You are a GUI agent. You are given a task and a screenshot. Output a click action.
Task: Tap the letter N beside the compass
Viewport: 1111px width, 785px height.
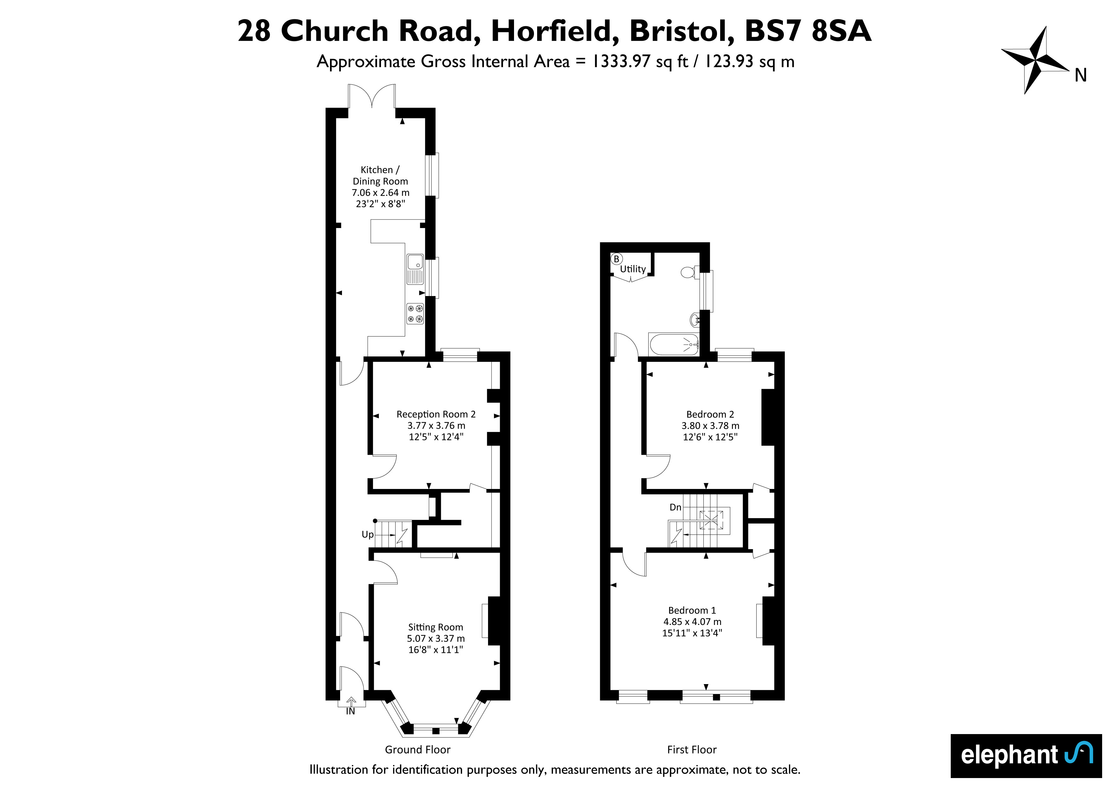pos(1081,75)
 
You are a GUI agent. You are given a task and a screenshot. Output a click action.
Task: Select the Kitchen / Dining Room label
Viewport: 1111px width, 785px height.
pos(380,176)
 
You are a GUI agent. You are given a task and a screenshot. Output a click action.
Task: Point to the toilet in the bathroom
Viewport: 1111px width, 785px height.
pos(689,273)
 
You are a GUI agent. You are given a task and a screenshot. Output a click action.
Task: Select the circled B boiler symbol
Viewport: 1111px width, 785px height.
pos(617,259)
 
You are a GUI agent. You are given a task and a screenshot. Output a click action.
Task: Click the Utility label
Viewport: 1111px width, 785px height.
pos(633,269)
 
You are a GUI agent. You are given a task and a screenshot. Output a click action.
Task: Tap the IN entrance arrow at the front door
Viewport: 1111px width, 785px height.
pos(351,705)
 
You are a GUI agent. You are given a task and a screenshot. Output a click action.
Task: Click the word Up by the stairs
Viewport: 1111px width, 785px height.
pos(368,535)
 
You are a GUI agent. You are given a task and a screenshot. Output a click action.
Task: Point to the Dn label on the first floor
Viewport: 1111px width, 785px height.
pos(676,507)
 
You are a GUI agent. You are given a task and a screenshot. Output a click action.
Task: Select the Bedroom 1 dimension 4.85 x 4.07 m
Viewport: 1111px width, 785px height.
pos(692,621)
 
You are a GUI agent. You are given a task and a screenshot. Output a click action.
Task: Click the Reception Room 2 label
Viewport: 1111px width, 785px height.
pos(436,414)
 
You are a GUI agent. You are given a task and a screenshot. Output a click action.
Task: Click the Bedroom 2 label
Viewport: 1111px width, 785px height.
pos(710,414)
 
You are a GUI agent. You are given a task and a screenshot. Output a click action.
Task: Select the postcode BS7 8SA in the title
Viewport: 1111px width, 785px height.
pos(808,31)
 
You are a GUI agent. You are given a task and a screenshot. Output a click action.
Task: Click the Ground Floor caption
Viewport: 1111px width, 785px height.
pos(418,750)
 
